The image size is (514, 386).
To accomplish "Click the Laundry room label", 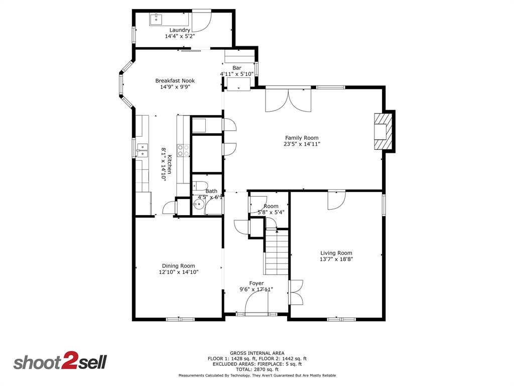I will tap(179, 30).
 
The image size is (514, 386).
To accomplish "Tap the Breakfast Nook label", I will tap(175, 80).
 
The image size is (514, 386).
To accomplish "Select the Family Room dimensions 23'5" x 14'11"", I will tap(302, 144).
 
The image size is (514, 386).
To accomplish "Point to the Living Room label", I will tap(336, 253).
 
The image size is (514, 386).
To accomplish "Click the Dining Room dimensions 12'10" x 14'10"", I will tap(178, 272).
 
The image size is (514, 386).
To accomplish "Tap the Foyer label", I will tap(256, 283).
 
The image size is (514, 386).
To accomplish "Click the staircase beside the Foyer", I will tap(276, 253).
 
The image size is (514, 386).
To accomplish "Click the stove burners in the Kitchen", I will tap(183, 150).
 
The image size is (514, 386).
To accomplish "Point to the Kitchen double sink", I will tap(142, 149).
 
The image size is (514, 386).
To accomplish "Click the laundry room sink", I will tap(156, 20).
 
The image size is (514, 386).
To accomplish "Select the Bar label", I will tap(236, 68).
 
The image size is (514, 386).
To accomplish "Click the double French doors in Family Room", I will tap(289, 100).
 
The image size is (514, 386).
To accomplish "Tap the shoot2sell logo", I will tap(60, 362).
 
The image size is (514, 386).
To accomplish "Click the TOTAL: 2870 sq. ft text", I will tap(257, 369).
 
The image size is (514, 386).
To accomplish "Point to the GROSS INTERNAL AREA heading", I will tap(257, 353).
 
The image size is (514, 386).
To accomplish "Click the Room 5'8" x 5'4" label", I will tap(271, 209).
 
